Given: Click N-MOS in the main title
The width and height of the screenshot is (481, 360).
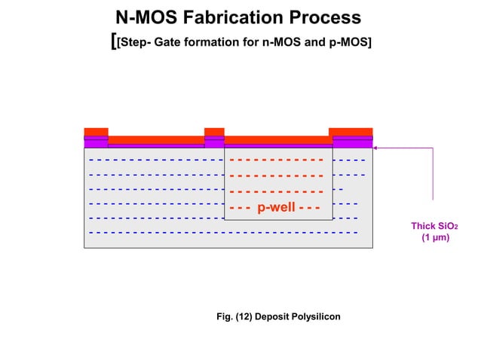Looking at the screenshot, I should [x=147, y=17].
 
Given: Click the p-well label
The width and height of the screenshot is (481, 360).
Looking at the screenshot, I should [x=277, y=207].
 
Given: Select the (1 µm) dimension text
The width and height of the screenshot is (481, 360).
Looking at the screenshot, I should [x=434, y=238].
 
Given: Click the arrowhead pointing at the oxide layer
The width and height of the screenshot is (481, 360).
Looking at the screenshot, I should [x=375, y=148].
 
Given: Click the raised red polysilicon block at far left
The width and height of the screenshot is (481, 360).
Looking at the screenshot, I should [x=96, y=132].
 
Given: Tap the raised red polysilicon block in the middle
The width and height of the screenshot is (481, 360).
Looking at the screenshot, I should [x=214, y=132].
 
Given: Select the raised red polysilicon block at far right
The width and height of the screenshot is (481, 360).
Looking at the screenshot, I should [x=351, y=132].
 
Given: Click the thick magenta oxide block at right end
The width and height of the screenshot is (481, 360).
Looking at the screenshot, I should [x=352, y=143].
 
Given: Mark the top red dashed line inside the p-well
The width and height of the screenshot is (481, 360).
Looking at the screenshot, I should [x=277, y=160].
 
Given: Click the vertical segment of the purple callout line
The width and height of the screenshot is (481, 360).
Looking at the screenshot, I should [x=433, y=173].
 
